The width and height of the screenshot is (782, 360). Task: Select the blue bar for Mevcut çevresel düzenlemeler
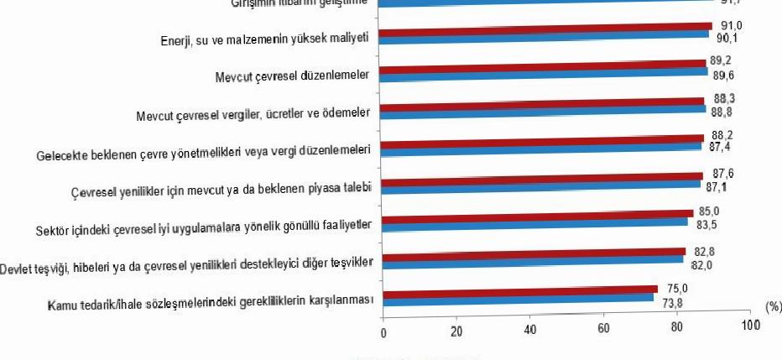545,72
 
